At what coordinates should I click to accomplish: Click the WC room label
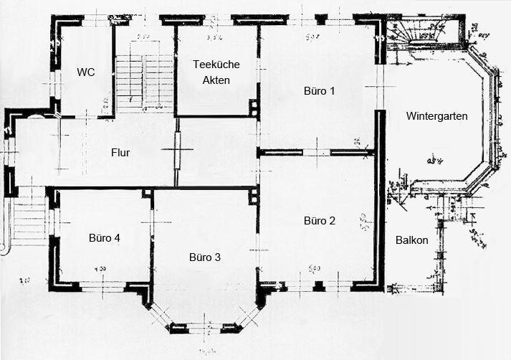pos(86,72)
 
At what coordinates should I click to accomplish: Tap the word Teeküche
pos(216,65)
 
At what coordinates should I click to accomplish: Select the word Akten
pos(216,80)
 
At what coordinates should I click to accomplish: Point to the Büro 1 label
pos(318,91)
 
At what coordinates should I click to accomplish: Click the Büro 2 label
pos(319,220)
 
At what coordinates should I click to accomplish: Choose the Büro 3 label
pos(205,257)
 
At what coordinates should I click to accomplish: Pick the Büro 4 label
pos(105,238)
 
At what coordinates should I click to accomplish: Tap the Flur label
pos(120,153)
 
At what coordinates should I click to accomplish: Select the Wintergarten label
pos(437,116)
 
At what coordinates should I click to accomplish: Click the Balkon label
pos(411,240)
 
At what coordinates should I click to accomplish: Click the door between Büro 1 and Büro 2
pos(317,152)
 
